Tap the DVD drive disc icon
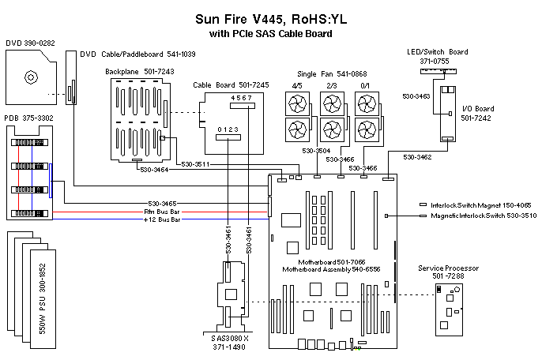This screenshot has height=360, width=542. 31,77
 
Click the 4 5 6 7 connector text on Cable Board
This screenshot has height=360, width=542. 242,98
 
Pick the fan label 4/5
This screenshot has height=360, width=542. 297,85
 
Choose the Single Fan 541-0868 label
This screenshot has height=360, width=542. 331,74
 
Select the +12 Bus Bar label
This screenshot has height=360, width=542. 162,219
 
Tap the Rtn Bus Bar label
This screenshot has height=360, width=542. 162,212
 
